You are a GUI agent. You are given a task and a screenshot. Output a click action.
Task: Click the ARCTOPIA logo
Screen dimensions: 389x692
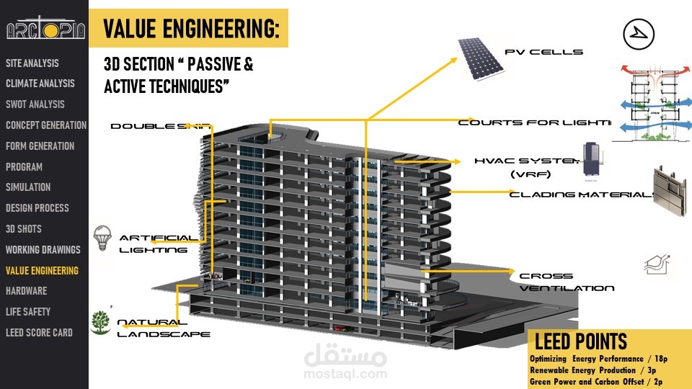(45, 30)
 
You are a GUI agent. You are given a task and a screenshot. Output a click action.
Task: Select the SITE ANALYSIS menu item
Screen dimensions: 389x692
(32, 63)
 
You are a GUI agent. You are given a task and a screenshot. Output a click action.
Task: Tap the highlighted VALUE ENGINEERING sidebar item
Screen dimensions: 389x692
(42, 271)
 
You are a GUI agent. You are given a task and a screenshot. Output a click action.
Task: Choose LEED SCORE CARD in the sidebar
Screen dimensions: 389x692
(39, 333)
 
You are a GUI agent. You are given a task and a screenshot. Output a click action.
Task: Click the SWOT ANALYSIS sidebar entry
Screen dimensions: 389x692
(35, 104)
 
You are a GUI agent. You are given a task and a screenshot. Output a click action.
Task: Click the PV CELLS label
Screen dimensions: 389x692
(544, 52)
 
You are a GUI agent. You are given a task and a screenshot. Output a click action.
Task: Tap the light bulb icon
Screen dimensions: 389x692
(104, 236)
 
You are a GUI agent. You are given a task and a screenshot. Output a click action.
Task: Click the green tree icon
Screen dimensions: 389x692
(101, 322)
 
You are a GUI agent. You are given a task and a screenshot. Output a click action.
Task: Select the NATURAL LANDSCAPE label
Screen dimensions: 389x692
(163, 328)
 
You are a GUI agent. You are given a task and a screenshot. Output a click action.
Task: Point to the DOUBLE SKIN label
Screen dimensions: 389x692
(160, 127)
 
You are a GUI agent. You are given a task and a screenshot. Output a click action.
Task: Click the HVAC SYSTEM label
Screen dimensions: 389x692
(526, 166)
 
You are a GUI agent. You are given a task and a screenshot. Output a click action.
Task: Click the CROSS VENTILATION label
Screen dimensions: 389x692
(567, 282)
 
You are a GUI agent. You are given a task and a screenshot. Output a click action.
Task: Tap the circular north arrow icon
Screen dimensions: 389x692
(637, 34)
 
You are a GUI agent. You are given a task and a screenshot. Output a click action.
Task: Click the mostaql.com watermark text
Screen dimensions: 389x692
(345, 374)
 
